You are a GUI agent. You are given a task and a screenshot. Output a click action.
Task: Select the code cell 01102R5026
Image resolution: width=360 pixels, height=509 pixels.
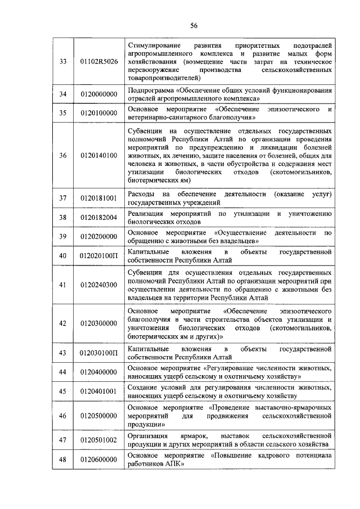[99, 61]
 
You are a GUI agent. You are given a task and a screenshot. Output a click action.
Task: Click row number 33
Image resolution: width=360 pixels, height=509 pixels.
[63, 61]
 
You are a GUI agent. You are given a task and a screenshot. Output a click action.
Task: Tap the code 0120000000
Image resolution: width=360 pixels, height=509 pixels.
[99, 93]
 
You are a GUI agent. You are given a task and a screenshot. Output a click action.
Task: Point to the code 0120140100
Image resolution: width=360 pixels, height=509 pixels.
[99, 155]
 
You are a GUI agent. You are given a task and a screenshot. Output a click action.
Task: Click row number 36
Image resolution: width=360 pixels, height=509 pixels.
[63, 155]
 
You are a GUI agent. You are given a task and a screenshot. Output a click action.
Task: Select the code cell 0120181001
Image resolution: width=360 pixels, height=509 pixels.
[99, 198]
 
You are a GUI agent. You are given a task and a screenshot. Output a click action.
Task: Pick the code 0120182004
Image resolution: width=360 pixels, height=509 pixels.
[99, 218]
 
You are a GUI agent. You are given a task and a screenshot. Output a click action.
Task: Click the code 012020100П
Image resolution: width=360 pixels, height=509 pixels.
[99, 256]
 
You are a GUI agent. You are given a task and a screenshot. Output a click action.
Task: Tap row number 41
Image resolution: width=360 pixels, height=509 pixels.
[63, 285]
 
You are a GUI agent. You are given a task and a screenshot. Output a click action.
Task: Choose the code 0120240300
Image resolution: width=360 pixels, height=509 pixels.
[99, 285]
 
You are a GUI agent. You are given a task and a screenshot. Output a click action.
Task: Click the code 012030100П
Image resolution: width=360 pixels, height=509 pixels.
[99, 353]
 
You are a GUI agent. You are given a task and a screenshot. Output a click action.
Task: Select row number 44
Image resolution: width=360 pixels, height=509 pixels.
[63, 372]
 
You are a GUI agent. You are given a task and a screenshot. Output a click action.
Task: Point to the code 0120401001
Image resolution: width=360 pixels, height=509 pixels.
[99, 391]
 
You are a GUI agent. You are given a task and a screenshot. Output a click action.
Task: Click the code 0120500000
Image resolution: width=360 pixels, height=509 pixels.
[99, 415]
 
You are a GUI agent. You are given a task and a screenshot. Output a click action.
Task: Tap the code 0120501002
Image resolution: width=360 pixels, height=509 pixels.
[99, 440]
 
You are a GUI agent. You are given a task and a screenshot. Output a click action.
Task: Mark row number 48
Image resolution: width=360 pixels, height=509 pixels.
[63, 460]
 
